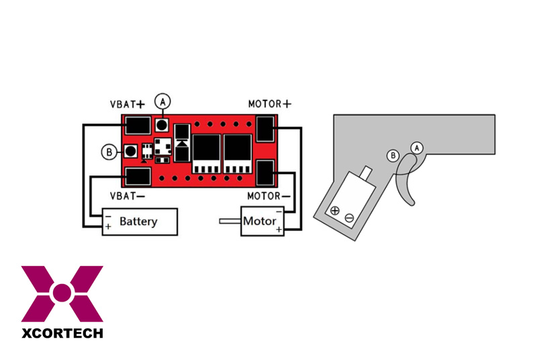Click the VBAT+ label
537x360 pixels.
coord(128,104)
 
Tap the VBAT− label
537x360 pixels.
coord(128,196)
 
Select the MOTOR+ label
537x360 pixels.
coord(270,104)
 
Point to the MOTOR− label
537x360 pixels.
coord(269,196)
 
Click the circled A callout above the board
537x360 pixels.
coord(162,101)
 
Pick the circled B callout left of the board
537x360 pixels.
coord(109,152)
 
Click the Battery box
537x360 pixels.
coord(140,222)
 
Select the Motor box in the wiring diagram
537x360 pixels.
coord(262,221)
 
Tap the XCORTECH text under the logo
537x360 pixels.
coord(62,333)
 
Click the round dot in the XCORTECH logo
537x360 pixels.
coord(62,293)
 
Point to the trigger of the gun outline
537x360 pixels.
coord(406,180)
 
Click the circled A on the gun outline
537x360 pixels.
coord(417,148)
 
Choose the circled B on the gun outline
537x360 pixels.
coord(393,156)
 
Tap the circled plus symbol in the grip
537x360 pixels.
coord(335,211)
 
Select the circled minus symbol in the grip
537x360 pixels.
coord(349,218)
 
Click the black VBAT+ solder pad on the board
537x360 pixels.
coord(138,126)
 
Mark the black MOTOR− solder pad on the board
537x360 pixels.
coord(265,173)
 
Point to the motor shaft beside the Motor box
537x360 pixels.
coord(230,221)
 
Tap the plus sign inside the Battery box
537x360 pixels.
coord(108,226)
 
